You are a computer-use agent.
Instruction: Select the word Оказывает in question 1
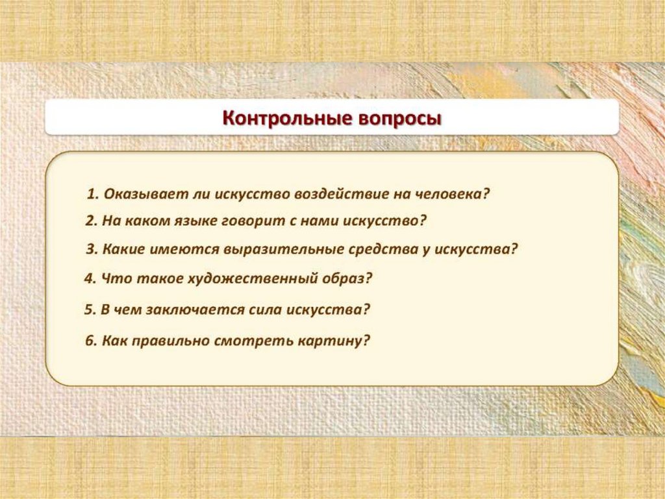(x=145, y=195)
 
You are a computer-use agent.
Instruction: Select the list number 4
(x=89, y=279)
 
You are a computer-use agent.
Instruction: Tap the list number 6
(x=91, y=341)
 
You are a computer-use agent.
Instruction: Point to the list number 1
(x=92, y=195)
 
